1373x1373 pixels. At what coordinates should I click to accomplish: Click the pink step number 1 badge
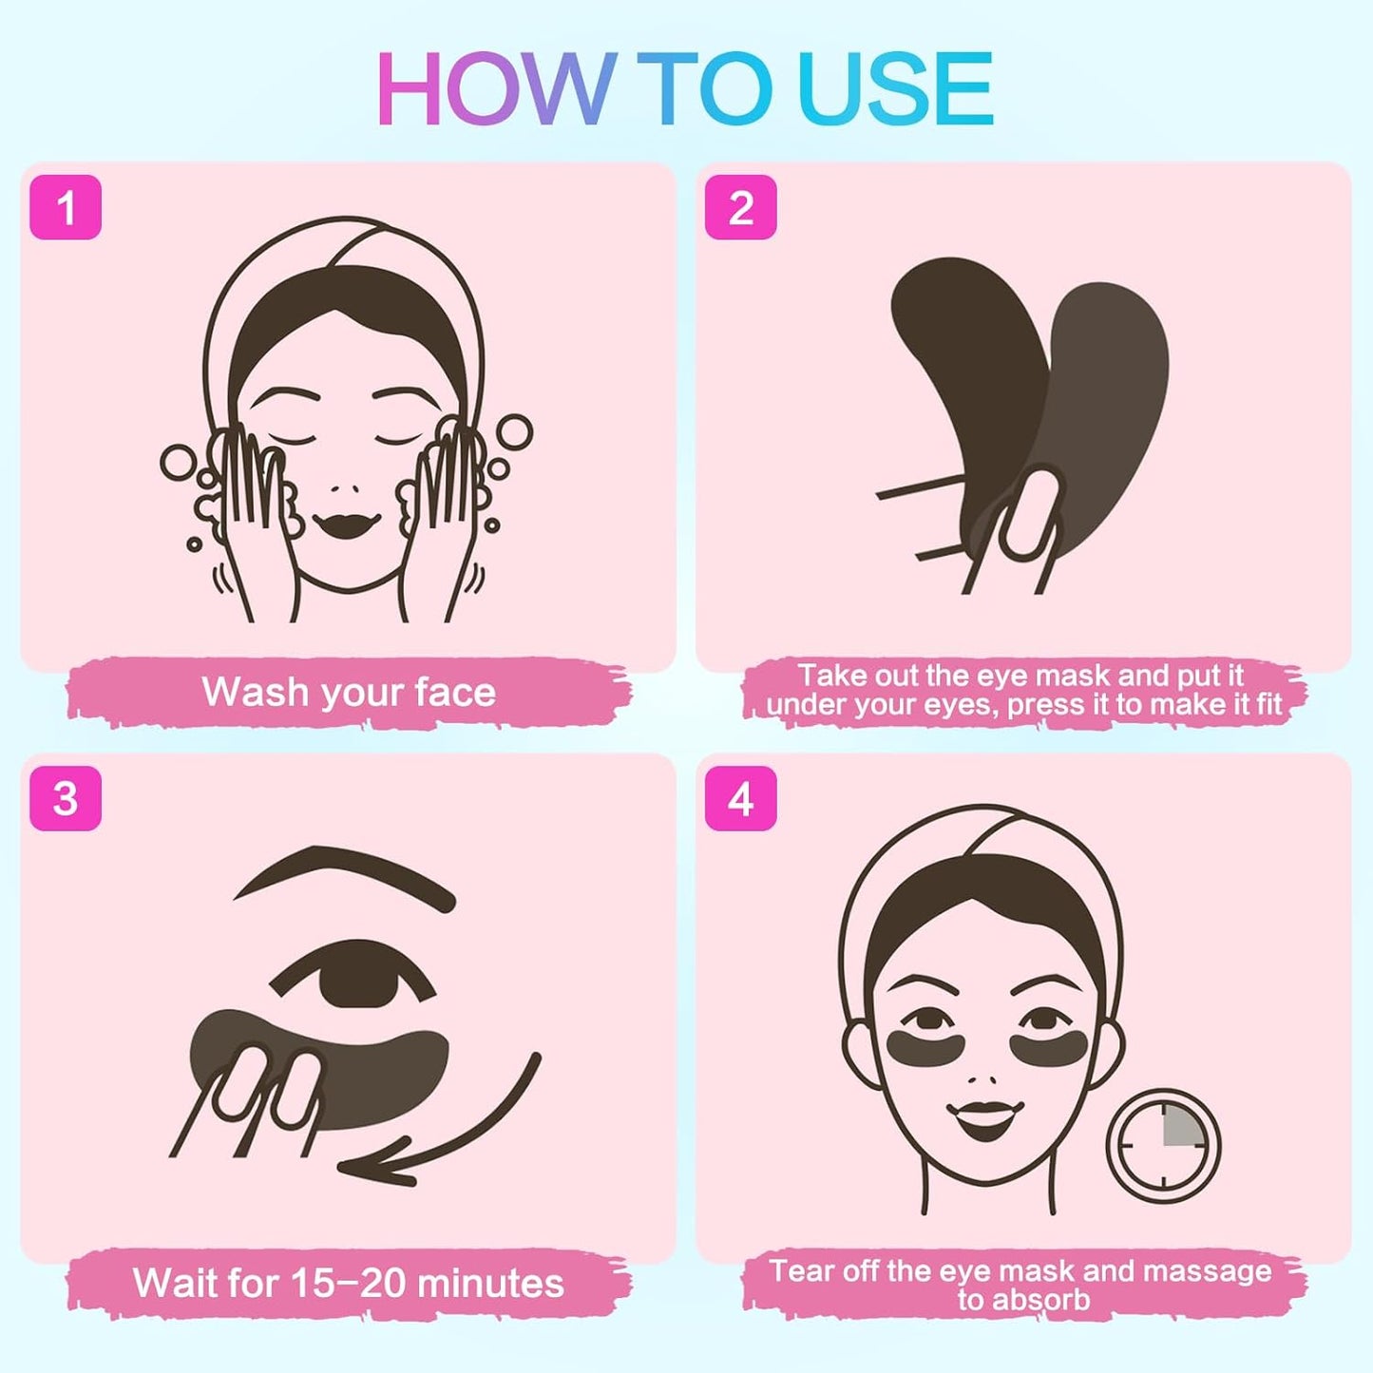66,207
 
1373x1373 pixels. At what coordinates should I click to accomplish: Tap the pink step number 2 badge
740,207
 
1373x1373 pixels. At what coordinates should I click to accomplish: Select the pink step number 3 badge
66,798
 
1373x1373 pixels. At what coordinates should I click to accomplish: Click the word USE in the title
897,90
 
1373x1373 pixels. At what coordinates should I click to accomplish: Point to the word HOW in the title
494,90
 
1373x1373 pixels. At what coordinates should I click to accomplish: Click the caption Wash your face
349,692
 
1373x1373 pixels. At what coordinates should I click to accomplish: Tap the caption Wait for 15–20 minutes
349,1283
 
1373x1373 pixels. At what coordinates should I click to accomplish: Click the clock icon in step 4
1163,1144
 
